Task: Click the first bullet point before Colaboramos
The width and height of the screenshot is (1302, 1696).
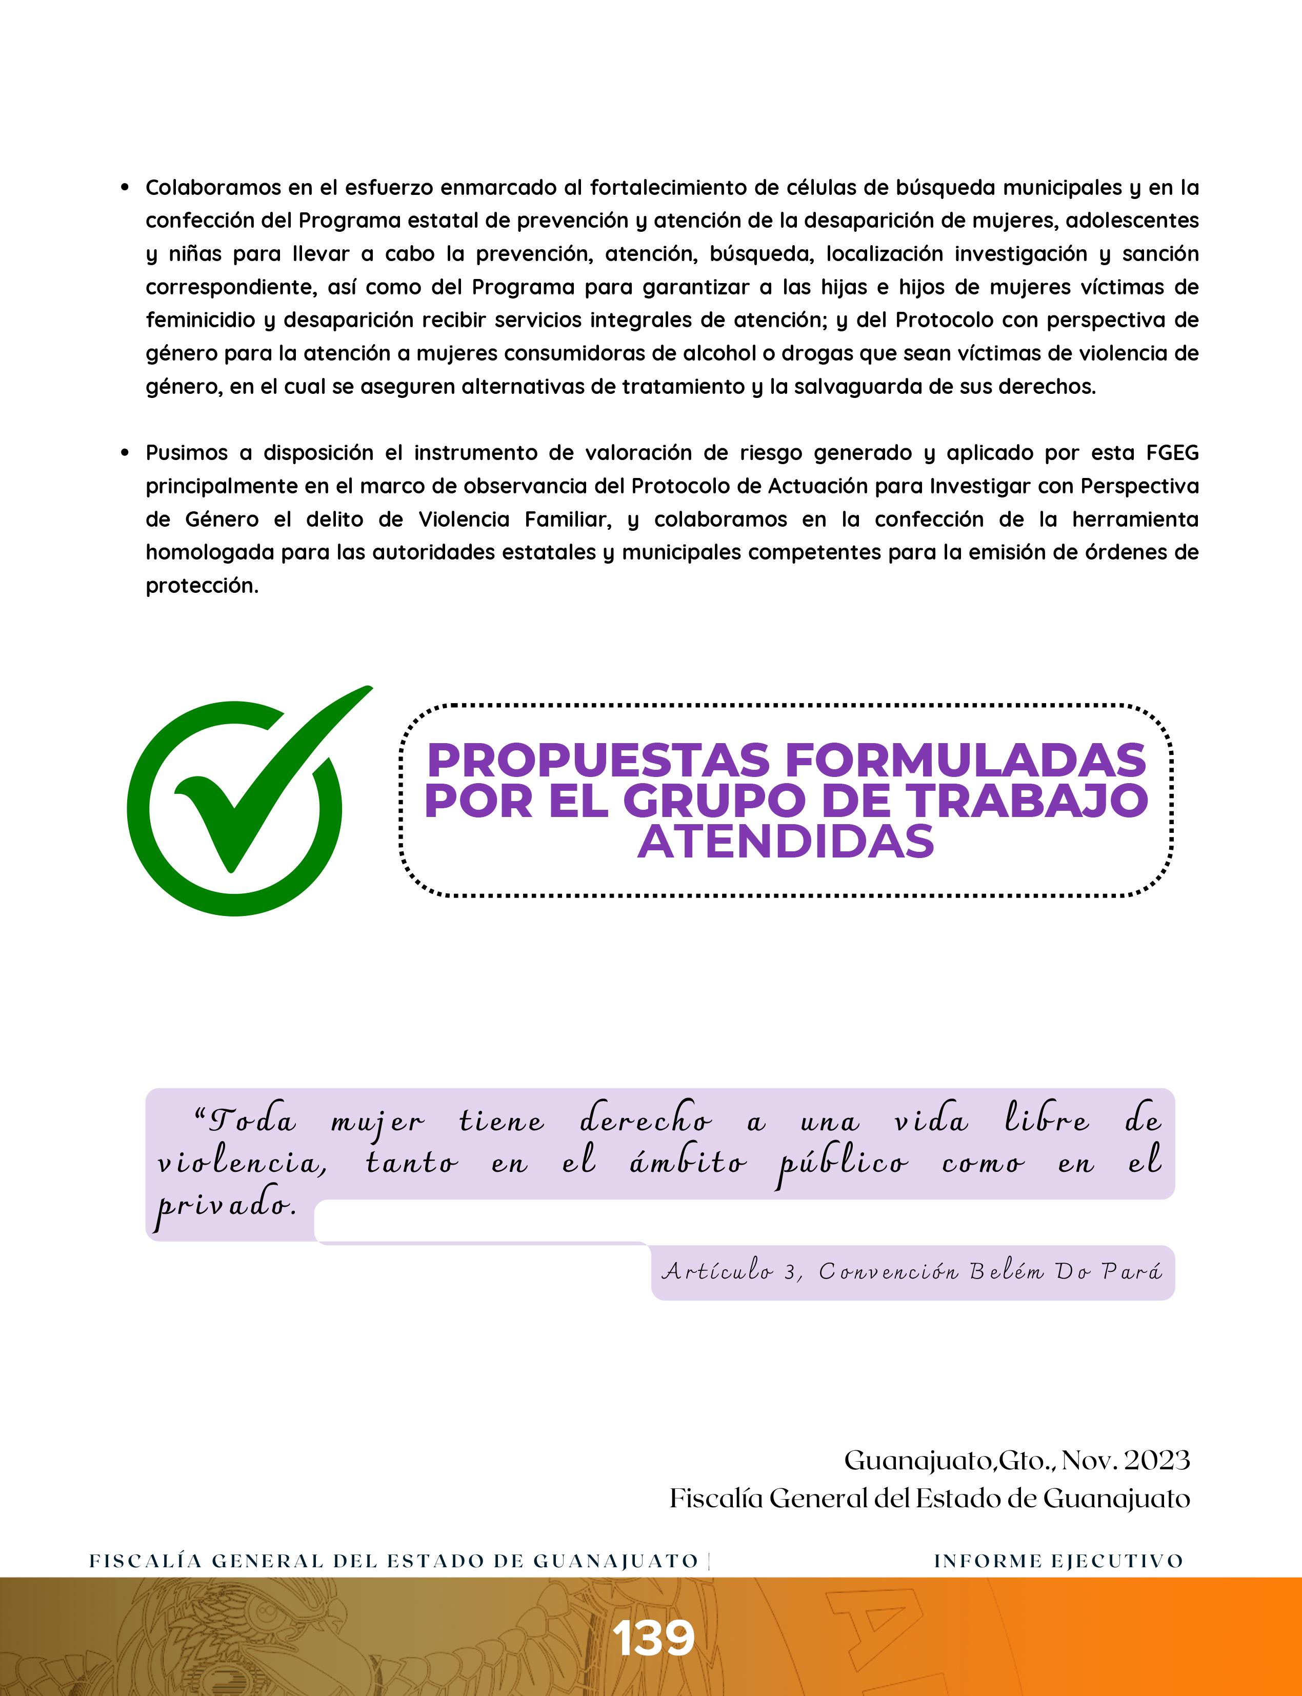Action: (x=124, y=188)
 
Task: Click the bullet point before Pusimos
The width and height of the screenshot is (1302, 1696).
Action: (x=124, y=453)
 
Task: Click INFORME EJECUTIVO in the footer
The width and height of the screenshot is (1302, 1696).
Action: (x=1058, y=1561)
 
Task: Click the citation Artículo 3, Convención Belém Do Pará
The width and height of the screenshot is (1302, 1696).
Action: (x=912, y=1272)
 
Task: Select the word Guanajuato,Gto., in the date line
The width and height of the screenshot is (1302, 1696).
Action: (x=949, y=1461)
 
